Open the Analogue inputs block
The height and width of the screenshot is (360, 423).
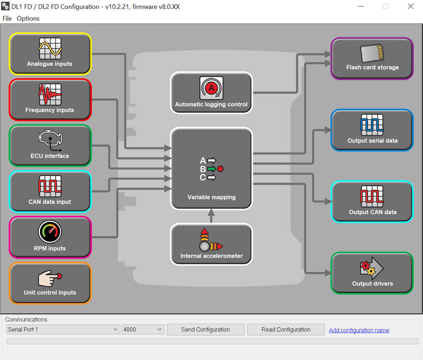click(x=50, y=54)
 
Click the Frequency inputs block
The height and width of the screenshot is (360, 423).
click(x=50, y=100)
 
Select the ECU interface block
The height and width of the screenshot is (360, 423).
click(x=50, y=145)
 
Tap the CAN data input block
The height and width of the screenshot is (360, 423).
click(x=50, y=191)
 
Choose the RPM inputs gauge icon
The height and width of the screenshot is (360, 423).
click(x=50, y=232)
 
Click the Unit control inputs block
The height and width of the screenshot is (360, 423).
click(x=50, y=283)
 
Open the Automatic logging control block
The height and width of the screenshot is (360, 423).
click(x=211, y=93)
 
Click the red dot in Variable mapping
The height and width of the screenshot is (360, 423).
click(x=220, y=169)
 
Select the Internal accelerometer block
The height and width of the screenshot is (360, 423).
click(x=211, y=244)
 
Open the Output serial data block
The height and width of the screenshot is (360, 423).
click(x=372, y=130)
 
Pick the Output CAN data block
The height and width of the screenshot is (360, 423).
click(x=372, y=202)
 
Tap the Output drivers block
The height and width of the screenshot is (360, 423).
click(x=372, y=273)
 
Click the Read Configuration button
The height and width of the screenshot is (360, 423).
click(x=286, y=329)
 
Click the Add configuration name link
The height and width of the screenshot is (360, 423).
click(x=359, y=330)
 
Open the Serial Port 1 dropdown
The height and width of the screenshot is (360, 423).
click(x=63, y=329)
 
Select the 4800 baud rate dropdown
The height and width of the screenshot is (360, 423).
click(x=143, y=329)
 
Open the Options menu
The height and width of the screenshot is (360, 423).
click(x=28, y=18)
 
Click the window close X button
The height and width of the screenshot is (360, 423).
click(x=411, y=6)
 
